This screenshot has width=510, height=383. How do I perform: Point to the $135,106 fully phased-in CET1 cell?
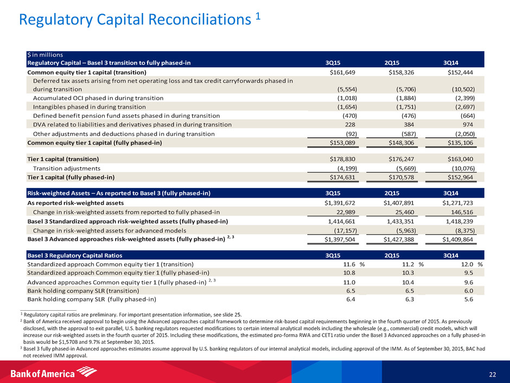click(x=459, y=142)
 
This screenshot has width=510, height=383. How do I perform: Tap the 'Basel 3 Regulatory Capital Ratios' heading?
click(x=75, y=254)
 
